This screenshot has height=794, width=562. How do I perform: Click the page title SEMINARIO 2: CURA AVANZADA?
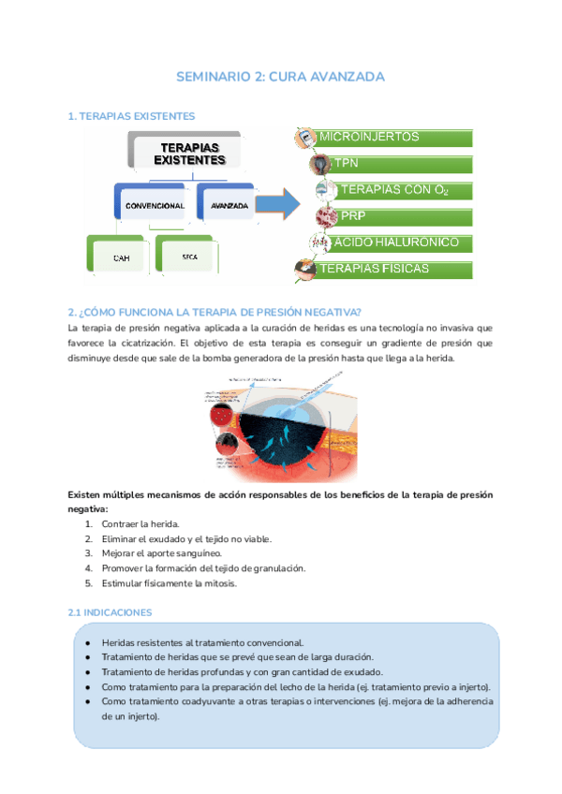click(281, 77)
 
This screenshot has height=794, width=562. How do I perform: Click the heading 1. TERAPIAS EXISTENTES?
click(132, 116)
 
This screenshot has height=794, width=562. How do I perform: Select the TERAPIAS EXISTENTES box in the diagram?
click(190, 154)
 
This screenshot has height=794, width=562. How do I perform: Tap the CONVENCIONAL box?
click(155, 204)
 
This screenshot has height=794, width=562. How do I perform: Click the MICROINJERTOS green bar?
click(393, 138)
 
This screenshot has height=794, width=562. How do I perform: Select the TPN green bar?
click(403, 164)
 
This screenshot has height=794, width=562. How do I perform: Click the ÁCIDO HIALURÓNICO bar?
click(403, 243)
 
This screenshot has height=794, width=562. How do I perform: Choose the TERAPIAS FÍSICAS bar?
click(393, 270)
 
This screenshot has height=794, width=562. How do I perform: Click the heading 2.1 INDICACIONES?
click(112, 612)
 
